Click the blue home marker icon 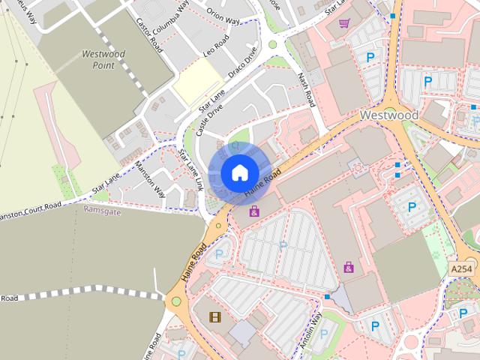239,172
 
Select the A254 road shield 463,268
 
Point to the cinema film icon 216,317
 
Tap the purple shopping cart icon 344,23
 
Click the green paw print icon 436,255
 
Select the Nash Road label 305,88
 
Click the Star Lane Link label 190,168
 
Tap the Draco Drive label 243,64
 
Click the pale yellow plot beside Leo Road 197,82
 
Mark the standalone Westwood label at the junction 388,115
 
